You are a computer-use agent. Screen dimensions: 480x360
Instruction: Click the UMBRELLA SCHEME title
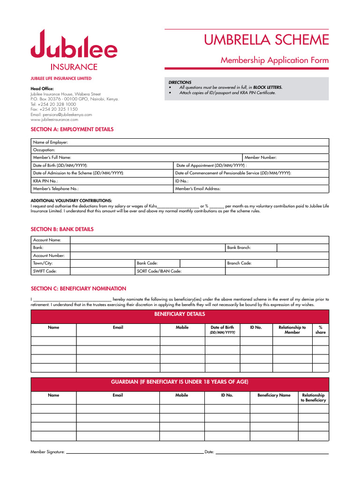[266, 40]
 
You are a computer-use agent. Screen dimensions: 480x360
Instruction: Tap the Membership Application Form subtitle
[275, 60]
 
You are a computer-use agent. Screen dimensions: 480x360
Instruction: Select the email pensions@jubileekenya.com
[61, 114]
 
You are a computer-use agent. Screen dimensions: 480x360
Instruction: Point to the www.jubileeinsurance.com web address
[54, 120]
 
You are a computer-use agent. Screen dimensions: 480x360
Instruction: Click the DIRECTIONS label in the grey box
[180, 82]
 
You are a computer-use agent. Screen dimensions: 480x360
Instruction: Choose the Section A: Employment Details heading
[72, 129]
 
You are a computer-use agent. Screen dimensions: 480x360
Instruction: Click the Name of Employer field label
[50, 142]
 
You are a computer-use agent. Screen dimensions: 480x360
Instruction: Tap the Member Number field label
[261, 157]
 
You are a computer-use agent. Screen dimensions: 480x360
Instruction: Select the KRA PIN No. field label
[45, 181]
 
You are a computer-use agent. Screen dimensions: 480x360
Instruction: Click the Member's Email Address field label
[197, 189]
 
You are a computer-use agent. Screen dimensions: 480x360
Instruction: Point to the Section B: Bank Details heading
[62, 229]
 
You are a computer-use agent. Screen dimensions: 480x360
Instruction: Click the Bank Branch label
[239, 247]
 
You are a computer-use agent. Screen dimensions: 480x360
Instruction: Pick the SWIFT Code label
[45, 271]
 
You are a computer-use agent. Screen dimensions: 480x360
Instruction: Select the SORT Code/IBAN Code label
[159, 271]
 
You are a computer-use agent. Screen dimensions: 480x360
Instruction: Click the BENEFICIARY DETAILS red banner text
[180, 314]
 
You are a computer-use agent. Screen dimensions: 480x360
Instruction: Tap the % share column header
[320, 330]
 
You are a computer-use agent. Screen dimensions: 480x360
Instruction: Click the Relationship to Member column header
[292, 330]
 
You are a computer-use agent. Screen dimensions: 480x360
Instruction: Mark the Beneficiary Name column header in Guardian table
[274, 395]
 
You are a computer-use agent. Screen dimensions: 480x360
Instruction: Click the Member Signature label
[47, 452]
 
